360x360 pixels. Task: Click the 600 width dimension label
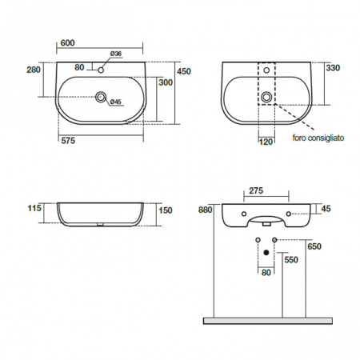[68, 42]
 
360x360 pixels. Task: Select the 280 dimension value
[34, 70]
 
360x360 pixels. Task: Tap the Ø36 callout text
[116, 54]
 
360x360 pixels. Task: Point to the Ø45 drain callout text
[116, 102]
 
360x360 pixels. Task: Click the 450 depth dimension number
[184, 71]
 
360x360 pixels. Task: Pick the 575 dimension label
[68, 141]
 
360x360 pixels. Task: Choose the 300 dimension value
[166, 82]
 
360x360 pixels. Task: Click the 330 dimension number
[333, 68]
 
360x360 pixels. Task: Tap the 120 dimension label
[266, 142]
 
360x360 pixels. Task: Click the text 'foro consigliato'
[318, 138]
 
